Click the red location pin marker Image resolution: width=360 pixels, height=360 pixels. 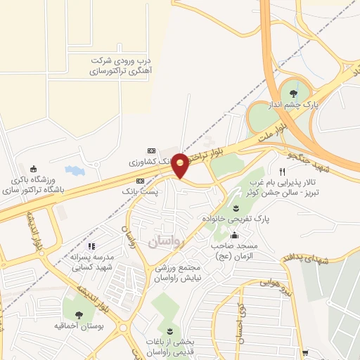pos(180,165)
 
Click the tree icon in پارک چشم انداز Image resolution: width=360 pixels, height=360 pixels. pos(293,92)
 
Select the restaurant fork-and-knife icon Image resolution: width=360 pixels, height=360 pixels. pos(282,172)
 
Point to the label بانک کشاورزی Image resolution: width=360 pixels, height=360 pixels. pos(150,162)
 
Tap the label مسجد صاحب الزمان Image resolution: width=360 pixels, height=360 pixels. pos(236,252)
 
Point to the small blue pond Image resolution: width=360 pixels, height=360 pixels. pos(74,170)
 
